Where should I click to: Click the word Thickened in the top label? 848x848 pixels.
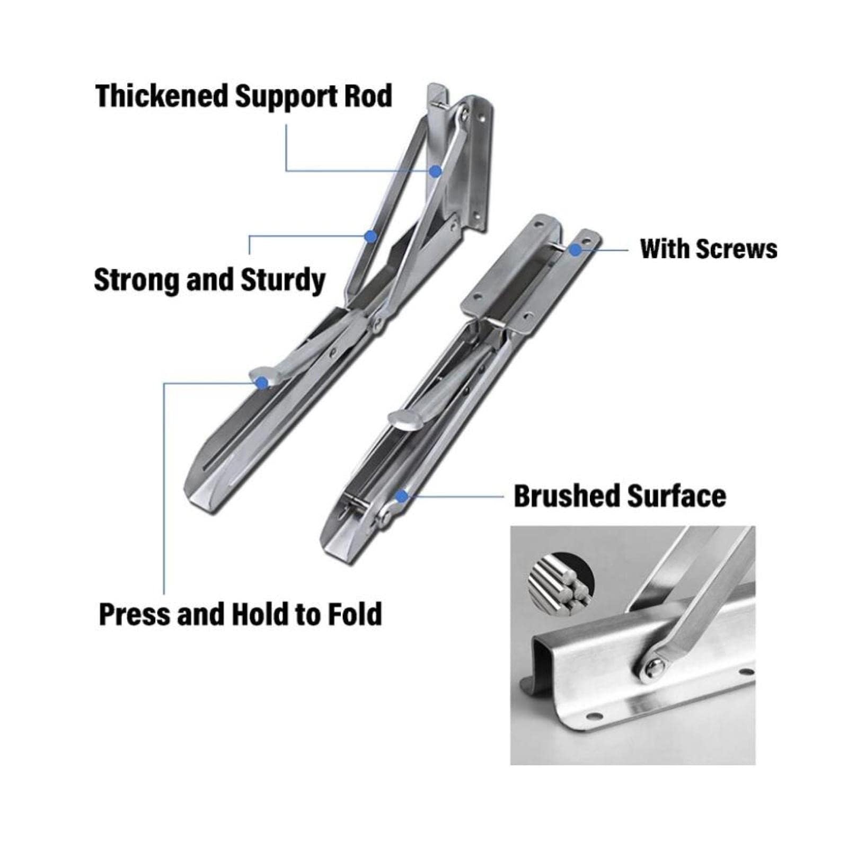161,96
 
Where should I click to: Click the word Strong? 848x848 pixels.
136,280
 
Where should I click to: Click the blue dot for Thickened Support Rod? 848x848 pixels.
435,171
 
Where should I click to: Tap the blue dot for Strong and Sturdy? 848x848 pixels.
371,236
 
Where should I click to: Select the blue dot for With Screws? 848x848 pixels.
575,249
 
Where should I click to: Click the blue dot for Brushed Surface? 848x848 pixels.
402,496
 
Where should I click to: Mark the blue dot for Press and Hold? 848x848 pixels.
261,382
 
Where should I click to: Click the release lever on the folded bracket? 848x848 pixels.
405,420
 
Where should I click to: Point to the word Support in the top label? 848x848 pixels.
287,96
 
